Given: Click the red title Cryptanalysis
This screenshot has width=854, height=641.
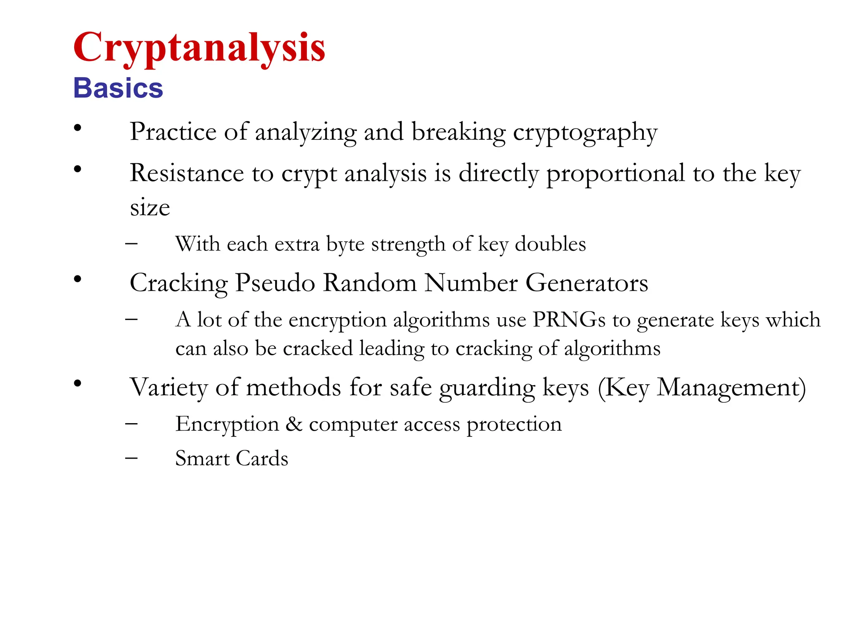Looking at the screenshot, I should tap(199, 48).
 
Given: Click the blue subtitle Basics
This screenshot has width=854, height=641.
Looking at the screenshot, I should tap(118, 88).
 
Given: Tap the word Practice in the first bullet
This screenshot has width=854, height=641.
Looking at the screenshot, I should tap(173, 131).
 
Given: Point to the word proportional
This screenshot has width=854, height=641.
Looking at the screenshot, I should tap(615, 174).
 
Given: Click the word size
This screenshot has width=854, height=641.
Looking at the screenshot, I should tap(150, 207).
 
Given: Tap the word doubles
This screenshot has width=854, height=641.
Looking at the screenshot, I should tap(550, 244).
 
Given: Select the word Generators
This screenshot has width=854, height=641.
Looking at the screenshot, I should tap(587, 283).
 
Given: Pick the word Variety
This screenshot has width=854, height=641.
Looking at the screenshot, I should tap(168, 388).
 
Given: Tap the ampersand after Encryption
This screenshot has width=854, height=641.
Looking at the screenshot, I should tap(294, 424).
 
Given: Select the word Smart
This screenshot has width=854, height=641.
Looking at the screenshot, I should tap(202, 458).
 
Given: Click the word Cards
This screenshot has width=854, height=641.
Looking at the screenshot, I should tap(262, 458).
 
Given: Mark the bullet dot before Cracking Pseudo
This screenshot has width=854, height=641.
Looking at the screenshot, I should tap(78, 279).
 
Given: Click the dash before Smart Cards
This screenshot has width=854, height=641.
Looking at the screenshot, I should tap(131, 458).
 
